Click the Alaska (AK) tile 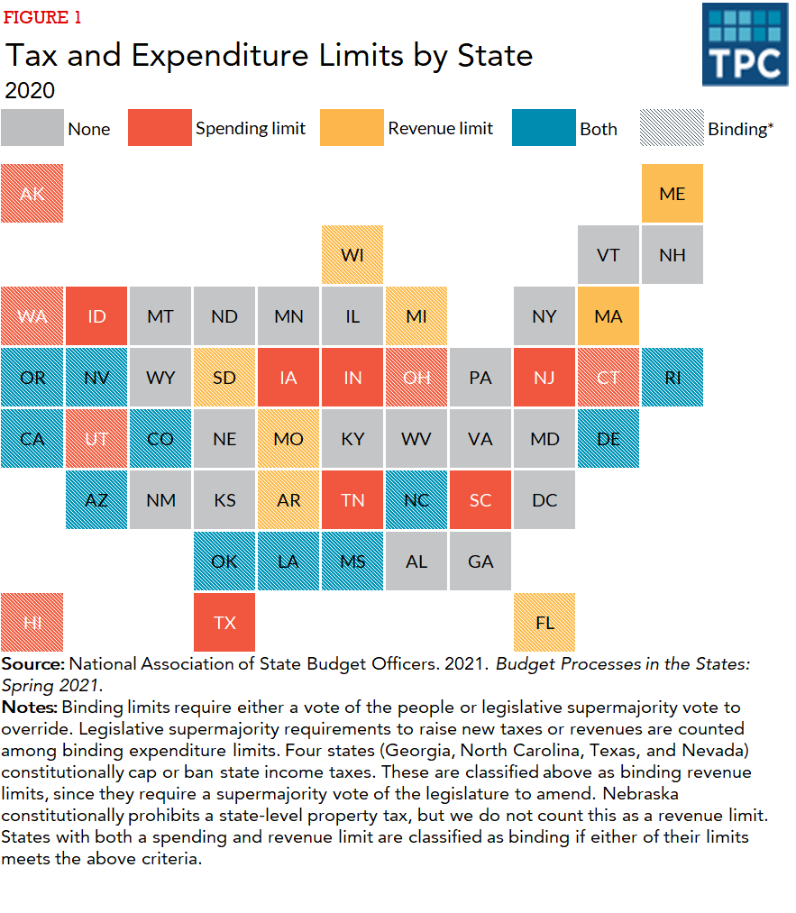pos(32,194)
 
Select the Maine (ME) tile pos(672,194)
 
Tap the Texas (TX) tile pos(224,623)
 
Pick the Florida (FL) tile pos(544,623)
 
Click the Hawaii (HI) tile pos(32,623)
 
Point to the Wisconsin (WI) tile pos(352,255)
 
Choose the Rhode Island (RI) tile pos(672,378)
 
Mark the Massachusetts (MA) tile pos(608,316)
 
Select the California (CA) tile pos(32,439)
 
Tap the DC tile pos(544,500)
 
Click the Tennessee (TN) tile pos(352,500)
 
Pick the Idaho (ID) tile pos(96,316)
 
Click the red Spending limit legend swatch pos(160,128)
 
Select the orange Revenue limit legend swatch pos(352,128)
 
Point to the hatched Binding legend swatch pos(672,128)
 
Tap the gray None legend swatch pos(32,128)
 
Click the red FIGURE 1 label pos(42,18)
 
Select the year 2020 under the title pos(30,90)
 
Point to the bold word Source pos(32,664)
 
